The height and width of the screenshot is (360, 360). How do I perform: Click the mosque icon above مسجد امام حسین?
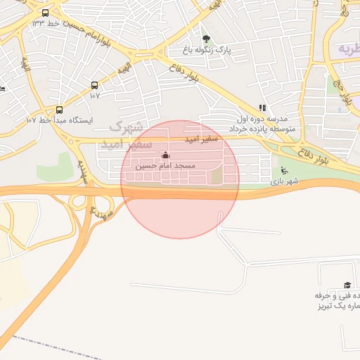165,155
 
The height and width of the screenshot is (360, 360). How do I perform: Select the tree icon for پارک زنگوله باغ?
206,39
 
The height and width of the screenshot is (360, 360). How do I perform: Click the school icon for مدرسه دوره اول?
262,108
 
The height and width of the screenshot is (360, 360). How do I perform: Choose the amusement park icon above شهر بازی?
283,169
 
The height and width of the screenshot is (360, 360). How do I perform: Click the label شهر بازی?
284,181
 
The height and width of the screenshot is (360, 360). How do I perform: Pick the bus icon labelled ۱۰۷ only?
94,85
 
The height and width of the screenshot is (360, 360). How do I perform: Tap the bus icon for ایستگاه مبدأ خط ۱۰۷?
59,110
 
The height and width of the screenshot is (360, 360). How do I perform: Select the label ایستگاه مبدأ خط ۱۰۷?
59,120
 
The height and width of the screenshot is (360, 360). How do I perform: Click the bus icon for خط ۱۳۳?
46,13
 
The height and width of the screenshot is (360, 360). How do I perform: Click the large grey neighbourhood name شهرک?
126,127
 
